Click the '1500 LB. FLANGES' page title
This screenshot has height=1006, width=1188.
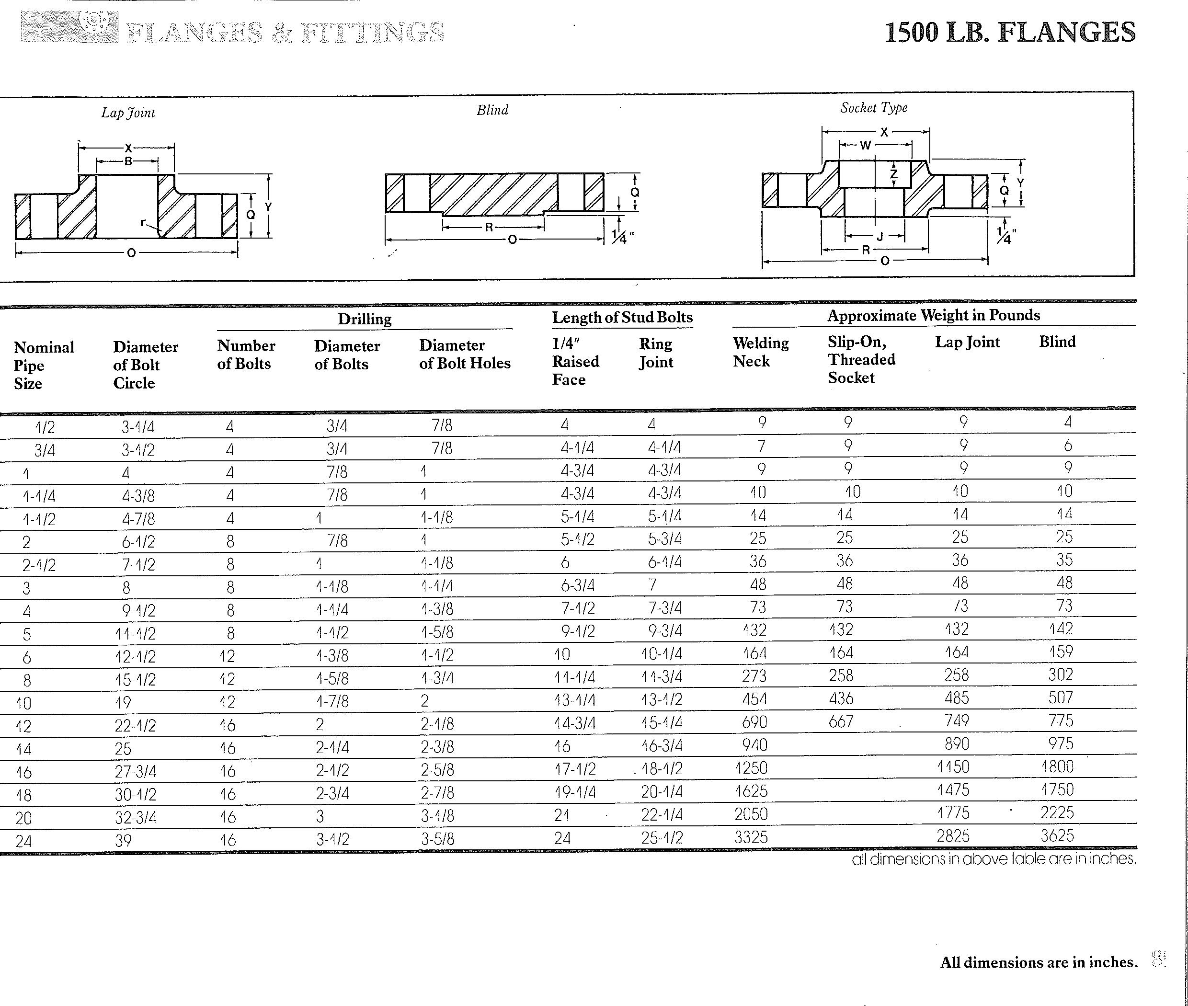(x=1009, y=32)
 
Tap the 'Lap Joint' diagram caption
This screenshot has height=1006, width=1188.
(x=128, y=113)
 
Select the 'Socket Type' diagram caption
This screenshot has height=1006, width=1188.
(x=873, y=108)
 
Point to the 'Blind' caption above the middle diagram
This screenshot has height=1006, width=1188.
(x=492, y=110)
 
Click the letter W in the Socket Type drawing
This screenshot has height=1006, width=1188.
(x=865, y=146)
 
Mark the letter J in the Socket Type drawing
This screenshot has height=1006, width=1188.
(x=880, y=236)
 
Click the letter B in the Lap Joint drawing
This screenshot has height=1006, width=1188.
(x=128, y=161)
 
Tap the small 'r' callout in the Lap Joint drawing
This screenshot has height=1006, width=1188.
(x=144, y=222)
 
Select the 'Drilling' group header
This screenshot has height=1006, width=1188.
(x=365, y=319)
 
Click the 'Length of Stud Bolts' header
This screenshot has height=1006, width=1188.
(x=622, y=317)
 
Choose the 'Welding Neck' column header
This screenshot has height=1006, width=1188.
(x=760, y=352)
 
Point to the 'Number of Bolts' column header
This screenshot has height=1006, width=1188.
(x=246, y=354)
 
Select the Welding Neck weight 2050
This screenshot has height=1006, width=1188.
(x=751, y=814)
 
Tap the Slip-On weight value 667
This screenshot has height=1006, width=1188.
(x=841, y=721)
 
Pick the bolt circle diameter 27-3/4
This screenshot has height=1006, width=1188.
(x=135, y=771)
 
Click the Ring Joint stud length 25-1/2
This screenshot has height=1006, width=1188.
(x=662, y=837)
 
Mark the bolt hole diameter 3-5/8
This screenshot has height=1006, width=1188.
(x=437, y=839)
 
